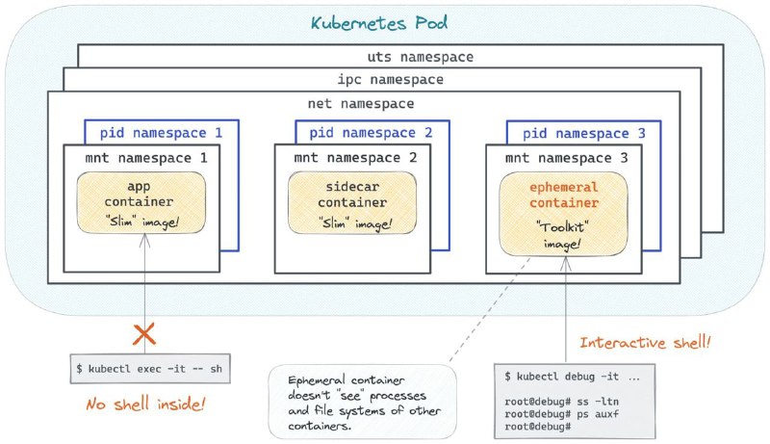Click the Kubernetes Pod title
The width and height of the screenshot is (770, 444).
click(x=378, y=23)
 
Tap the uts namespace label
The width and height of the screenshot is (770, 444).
click(x=421, y=57)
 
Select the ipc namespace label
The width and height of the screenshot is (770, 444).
click(x=391, y=80)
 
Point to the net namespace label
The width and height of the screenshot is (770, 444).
click(x=361, y=104)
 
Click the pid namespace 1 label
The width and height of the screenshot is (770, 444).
click(x=161, y=133)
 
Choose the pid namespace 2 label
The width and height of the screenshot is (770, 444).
click(x=371, y=133)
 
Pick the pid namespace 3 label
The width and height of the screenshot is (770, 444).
click(x=584, y=133)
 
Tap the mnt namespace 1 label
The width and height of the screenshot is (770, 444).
click(x=146, y=158)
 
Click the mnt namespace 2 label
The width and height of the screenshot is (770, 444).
click(x=355, y=157)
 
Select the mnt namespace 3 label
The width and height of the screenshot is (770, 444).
click(x=567, y=158)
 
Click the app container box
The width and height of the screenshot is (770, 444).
click(x=141, y=202)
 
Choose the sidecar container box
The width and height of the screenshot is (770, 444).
click(x=352, y=202)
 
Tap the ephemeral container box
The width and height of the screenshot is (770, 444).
click(x=563, y=214)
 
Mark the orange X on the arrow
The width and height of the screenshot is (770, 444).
click(x=144, y=334)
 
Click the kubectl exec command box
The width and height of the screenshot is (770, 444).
click(x=150, y=368)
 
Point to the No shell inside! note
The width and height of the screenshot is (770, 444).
click(x=145, y=405)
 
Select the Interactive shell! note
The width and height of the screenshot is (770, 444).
click(x=645, y=342)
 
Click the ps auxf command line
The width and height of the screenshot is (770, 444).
click(x=562, y=414)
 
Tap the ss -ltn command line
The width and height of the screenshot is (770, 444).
click(x=562, y=402)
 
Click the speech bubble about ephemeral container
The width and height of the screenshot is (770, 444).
click(x=363, y=402)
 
